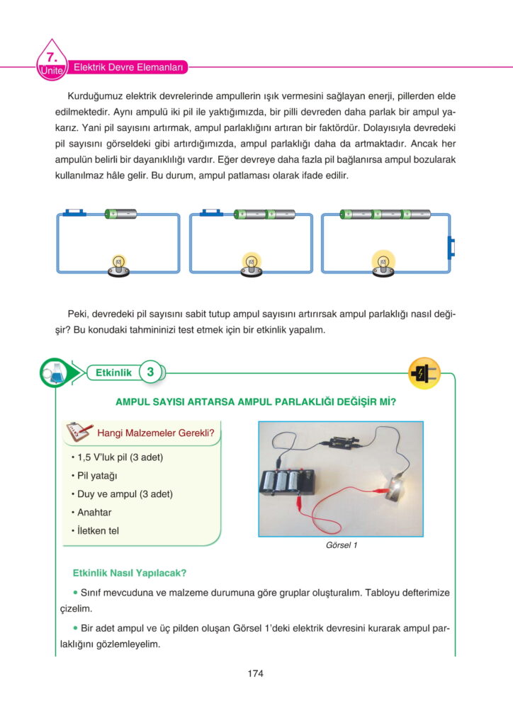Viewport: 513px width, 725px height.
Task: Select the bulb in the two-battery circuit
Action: [x=250, y=262]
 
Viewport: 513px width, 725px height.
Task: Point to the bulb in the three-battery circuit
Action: [x=382, y=262]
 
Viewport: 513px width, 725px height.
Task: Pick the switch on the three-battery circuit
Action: [x=451, y=246]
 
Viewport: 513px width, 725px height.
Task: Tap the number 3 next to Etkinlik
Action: [x=150, y=372]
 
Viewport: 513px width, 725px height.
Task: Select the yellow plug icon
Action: [x=424, y=372]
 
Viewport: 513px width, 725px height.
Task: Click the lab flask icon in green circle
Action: [x=54, y=372]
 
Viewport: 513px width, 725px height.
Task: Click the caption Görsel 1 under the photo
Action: [x=342, y=546]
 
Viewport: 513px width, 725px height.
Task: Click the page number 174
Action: [x=256, y=673]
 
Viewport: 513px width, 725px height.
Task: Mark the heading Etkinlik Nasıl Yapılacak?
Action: [x=130, y=573]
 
